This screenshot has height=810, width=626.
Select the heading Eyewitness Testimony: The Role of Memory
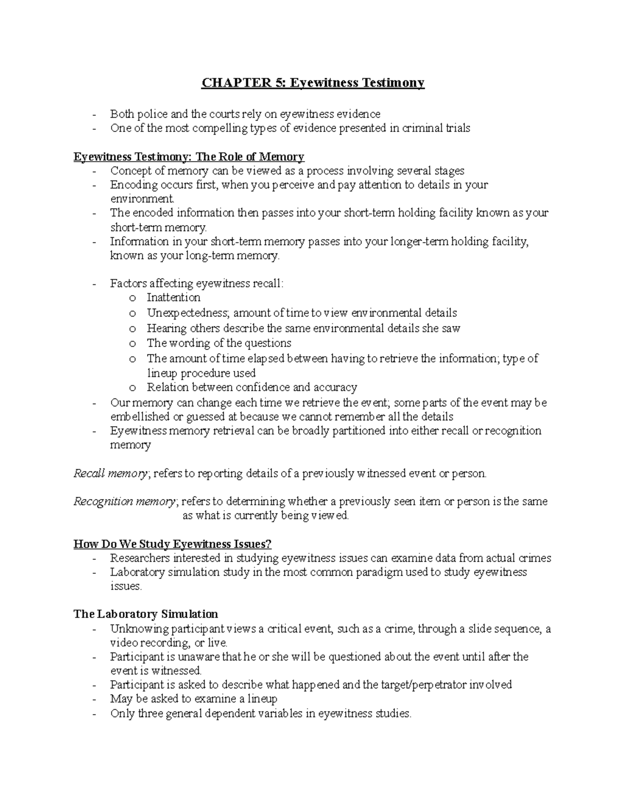[x=189, y=157]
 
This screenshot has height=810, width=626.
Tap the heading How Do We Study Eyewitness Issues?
[x=173, y=545]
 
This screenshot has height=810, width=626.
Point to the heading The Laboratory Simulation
[x=146, y=614]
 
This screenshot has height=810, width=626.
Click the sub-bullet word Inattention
[x=173, y=298]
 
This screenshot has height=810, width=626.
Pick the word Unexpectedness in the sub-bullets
[x=187, y=313]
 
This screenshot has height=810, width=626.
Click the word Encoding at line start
[x=134, y=185]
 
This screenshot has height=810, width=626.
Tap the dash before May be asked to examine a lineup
[x=94, y=699]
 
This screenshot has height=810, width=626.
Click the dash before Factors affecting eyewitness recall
[x=94, y=284]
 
